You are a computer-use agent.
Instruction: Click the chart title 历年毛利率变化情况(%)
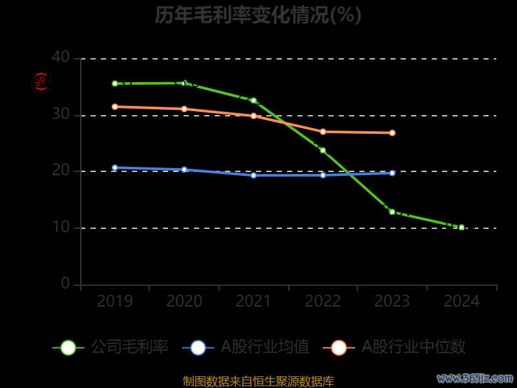tap(258, 15)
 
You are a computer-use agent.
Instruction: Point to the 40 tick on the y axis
tap(61, 58)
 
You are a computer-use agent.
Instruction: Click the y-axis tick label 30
tap(61, 114)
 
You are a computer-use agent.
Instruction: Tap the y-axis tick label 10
tap(61, 228)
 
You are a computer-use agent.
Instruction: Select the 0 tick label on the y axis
tap(65, 283)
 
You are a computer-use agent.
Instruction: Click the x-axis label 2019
tap(115, 301)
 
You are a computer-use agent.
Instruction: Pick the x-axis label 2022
tap(322, 301)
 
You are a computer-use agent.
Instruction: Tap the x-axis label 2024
tap(461, 301)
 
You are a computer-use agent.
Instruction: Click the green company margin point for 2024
tap(461, 228)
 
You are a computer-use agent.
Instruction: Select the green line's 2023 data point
tap(392, 211)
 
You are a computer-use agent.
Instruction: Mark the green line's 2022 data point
tap(322, 151)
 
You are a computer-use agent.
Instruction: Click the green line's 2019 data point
tap(115, 83)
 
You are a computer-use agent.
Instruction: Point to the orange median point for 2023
tap(392, 133)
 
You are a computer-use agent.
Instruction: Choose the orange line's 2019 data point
tap(115, 107)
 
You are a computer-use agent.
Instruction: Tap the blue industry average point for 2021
tap(253, 175)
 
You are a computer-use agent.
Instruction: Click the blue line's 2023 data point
tap(392, 173)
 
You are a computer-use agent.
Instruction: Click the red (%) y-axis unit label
tap(41, 82)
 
